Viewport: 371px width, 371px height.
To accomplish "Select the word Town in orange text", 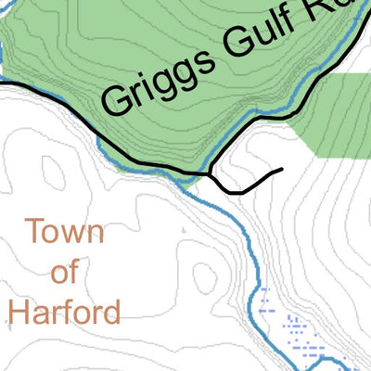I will [64, 232].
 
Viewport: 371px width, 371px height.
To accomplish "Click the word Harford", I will [64, 310].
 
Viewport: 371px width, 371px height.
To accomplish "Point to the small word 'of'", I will [65, 271].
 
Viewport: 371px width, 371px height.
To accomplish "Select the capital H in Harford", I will [19, 310].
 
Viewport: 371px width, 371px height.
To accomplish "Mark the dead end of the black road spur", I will [281, 170].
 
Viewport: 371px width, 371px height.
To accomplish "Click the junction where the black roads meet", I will [212, 173].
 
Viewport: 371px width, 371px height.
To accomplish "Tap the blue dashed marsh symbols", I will [297, 329].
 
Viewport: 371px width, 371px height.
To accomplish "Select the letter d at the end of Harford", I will [111, 310].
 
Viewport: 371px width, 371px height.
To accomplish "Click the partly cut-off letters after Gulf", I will [325, 14].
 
